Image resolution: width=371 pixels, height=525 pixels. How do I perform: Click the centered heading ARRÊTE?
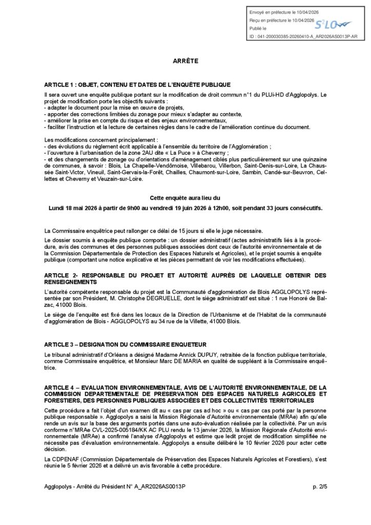click(x=186, y=60)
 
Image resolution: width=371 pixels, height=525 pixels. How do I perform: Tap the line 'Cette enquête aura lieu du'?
click(x=186, y=197)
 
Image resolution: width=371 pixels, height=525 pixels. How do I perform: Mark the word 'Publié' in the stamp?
click(x=255, y=28)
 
